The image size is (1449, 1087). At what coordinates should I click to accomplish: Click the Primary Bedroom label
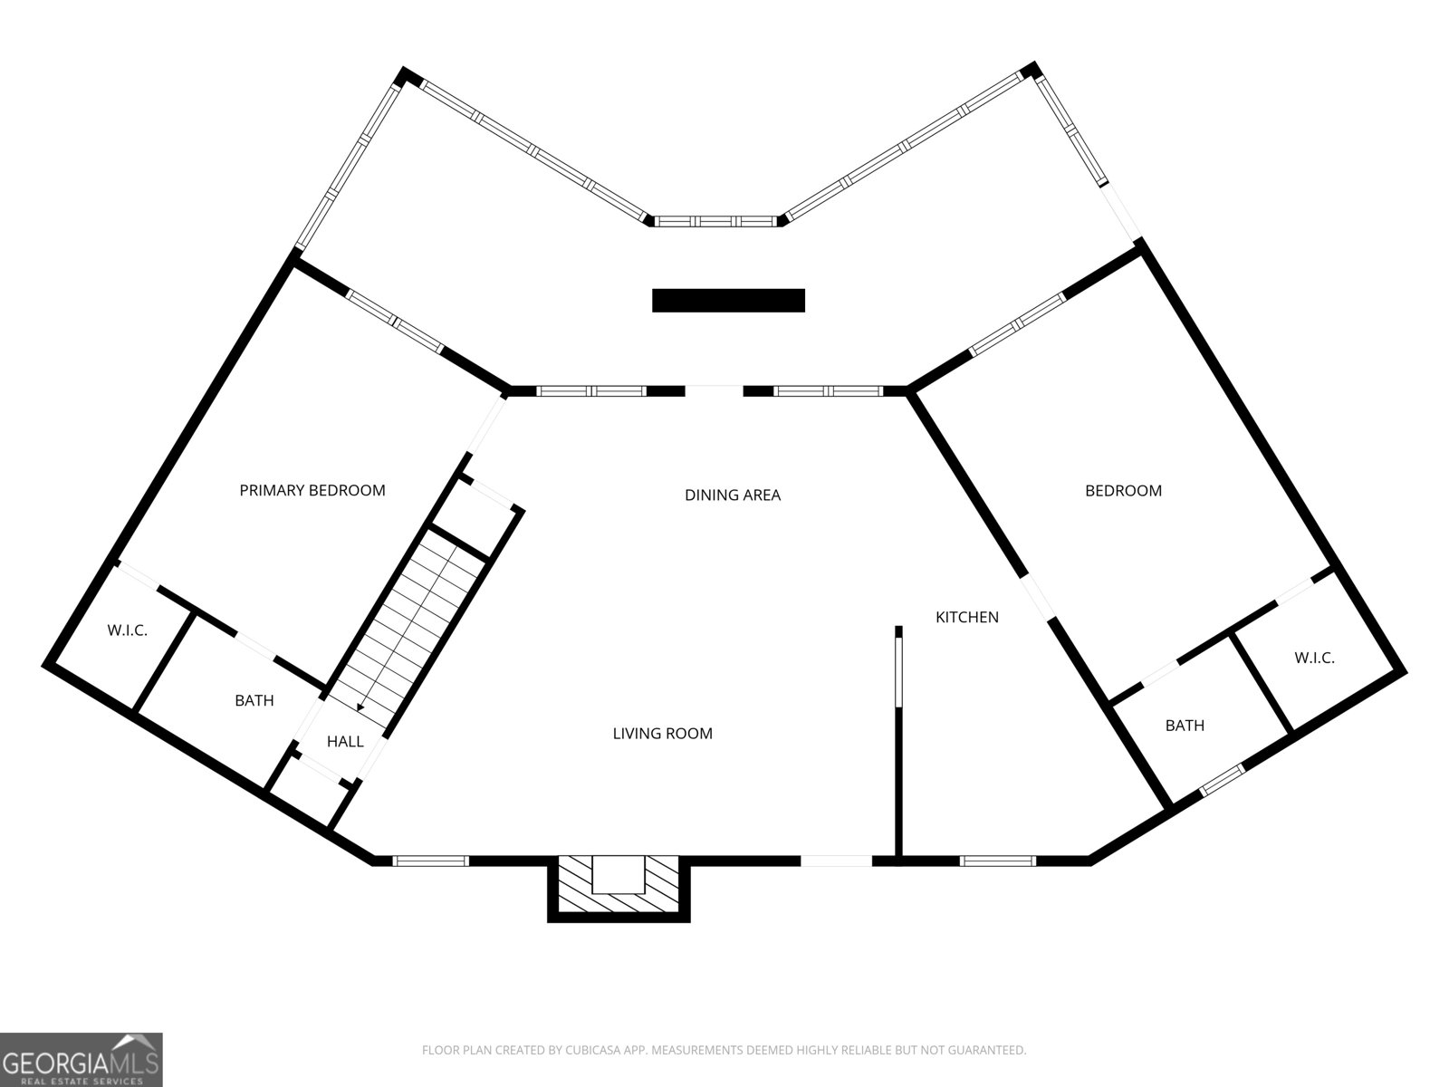(x=312, y=490)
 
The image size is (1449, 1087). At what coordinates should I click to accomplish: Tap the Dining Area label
(x=733, y=495)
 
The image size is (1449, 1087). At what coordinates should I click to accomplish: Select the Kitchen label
(x=967, y=617)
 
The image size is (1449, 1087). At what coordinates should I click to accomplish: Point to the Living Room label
(x=663, y=733)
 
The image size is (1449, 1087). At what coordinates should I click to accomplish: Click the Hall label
(x=345, y=742)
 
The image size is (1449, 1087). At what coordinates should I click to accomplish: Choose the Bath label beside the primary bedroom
(x=254, y=700)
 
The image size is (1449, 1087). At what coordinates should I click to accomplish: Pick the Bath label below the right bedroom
(x=1185, y=726)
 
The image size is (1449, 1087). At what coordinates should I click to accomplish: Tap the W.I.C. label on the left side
(x=128, y=630)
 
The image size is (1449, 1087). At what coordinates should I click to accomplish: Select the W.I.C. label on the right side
(x=1314, y=658)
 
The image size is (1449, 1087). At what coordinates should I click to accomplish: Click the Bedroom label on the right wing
(x=1124, y=491)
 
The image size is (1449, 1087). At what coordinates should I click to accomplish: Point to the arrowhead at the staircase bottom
(x=360, y=707)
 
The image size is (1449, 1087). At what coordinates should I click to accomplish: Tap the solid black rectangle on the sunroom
(x=728, y=301)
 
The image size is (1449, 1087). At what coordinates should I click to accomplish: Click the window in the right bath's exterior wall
(x=1222, y=779)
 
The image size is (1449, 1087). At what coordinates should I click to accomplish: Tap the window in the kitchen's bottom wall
(x=997, y=861)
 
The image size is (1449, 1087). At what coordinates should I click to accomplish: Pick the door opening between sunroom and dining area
(x=715, y=390)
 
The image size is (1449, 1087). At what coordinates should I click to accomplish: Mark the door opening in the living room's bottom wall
(x=837, y=861)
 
